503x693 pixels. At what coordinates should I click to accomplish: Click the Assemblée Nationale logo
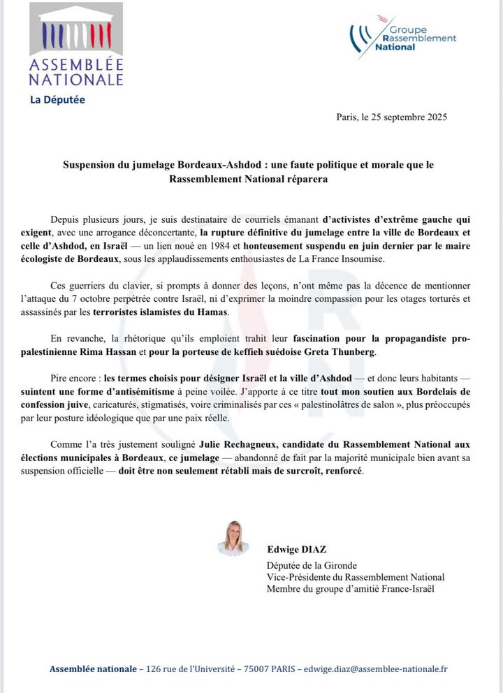(76, 45)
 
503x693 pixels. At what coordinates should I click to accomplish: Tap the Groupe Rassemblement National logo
(404, 35)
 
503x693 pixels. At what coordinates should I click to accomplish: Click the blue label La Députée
(57, 100)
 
